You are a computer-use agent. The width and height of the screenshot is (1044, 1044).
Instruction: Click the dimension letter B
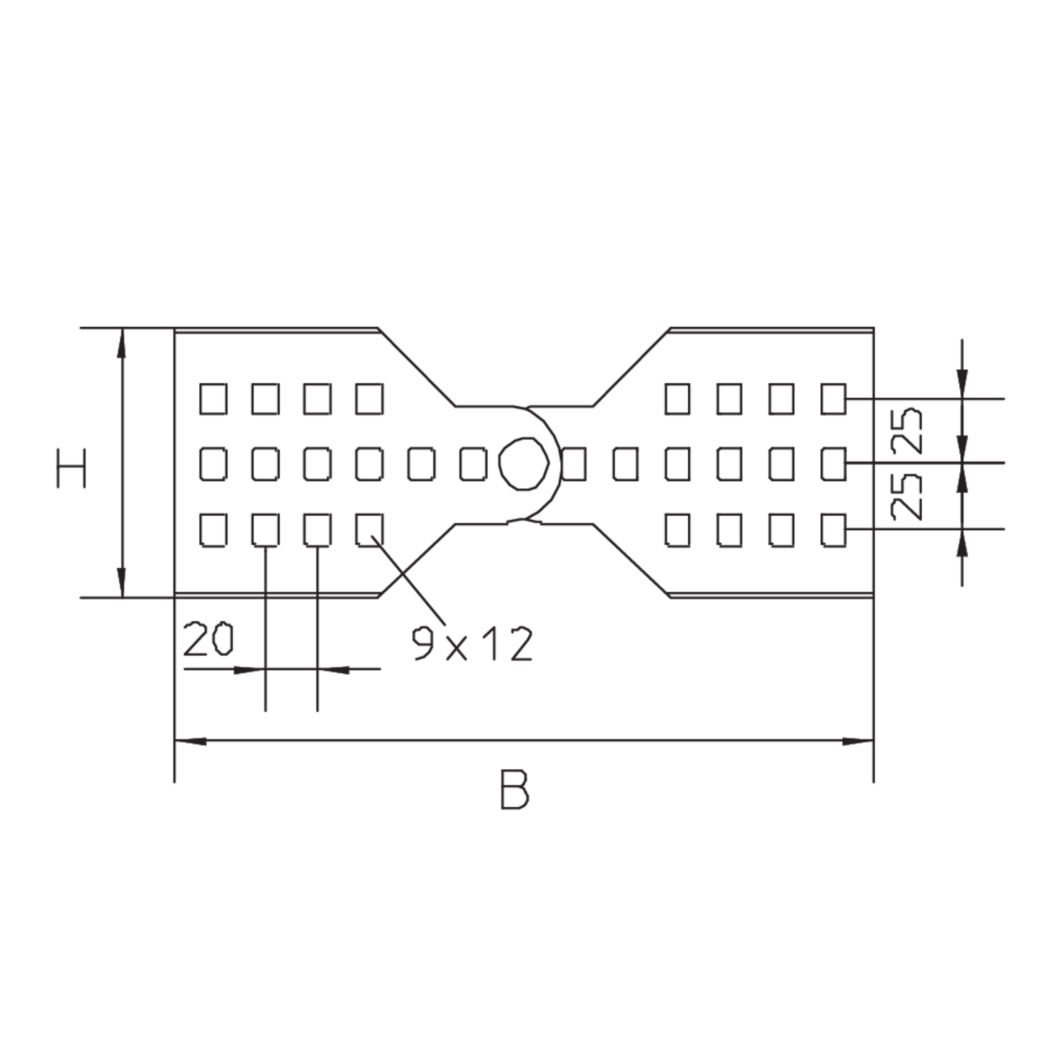(x=515, y=789)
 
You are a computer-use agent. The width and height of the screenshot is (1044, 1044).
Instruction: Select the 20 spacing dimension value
(x=208, y=639)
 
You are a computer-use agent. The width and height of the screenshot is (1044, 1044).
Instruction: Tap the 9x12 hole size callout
(x=472, y=643)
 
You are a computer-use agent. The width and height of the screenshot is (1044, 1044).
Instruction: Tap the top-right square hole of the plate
(x=833, y=399)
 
